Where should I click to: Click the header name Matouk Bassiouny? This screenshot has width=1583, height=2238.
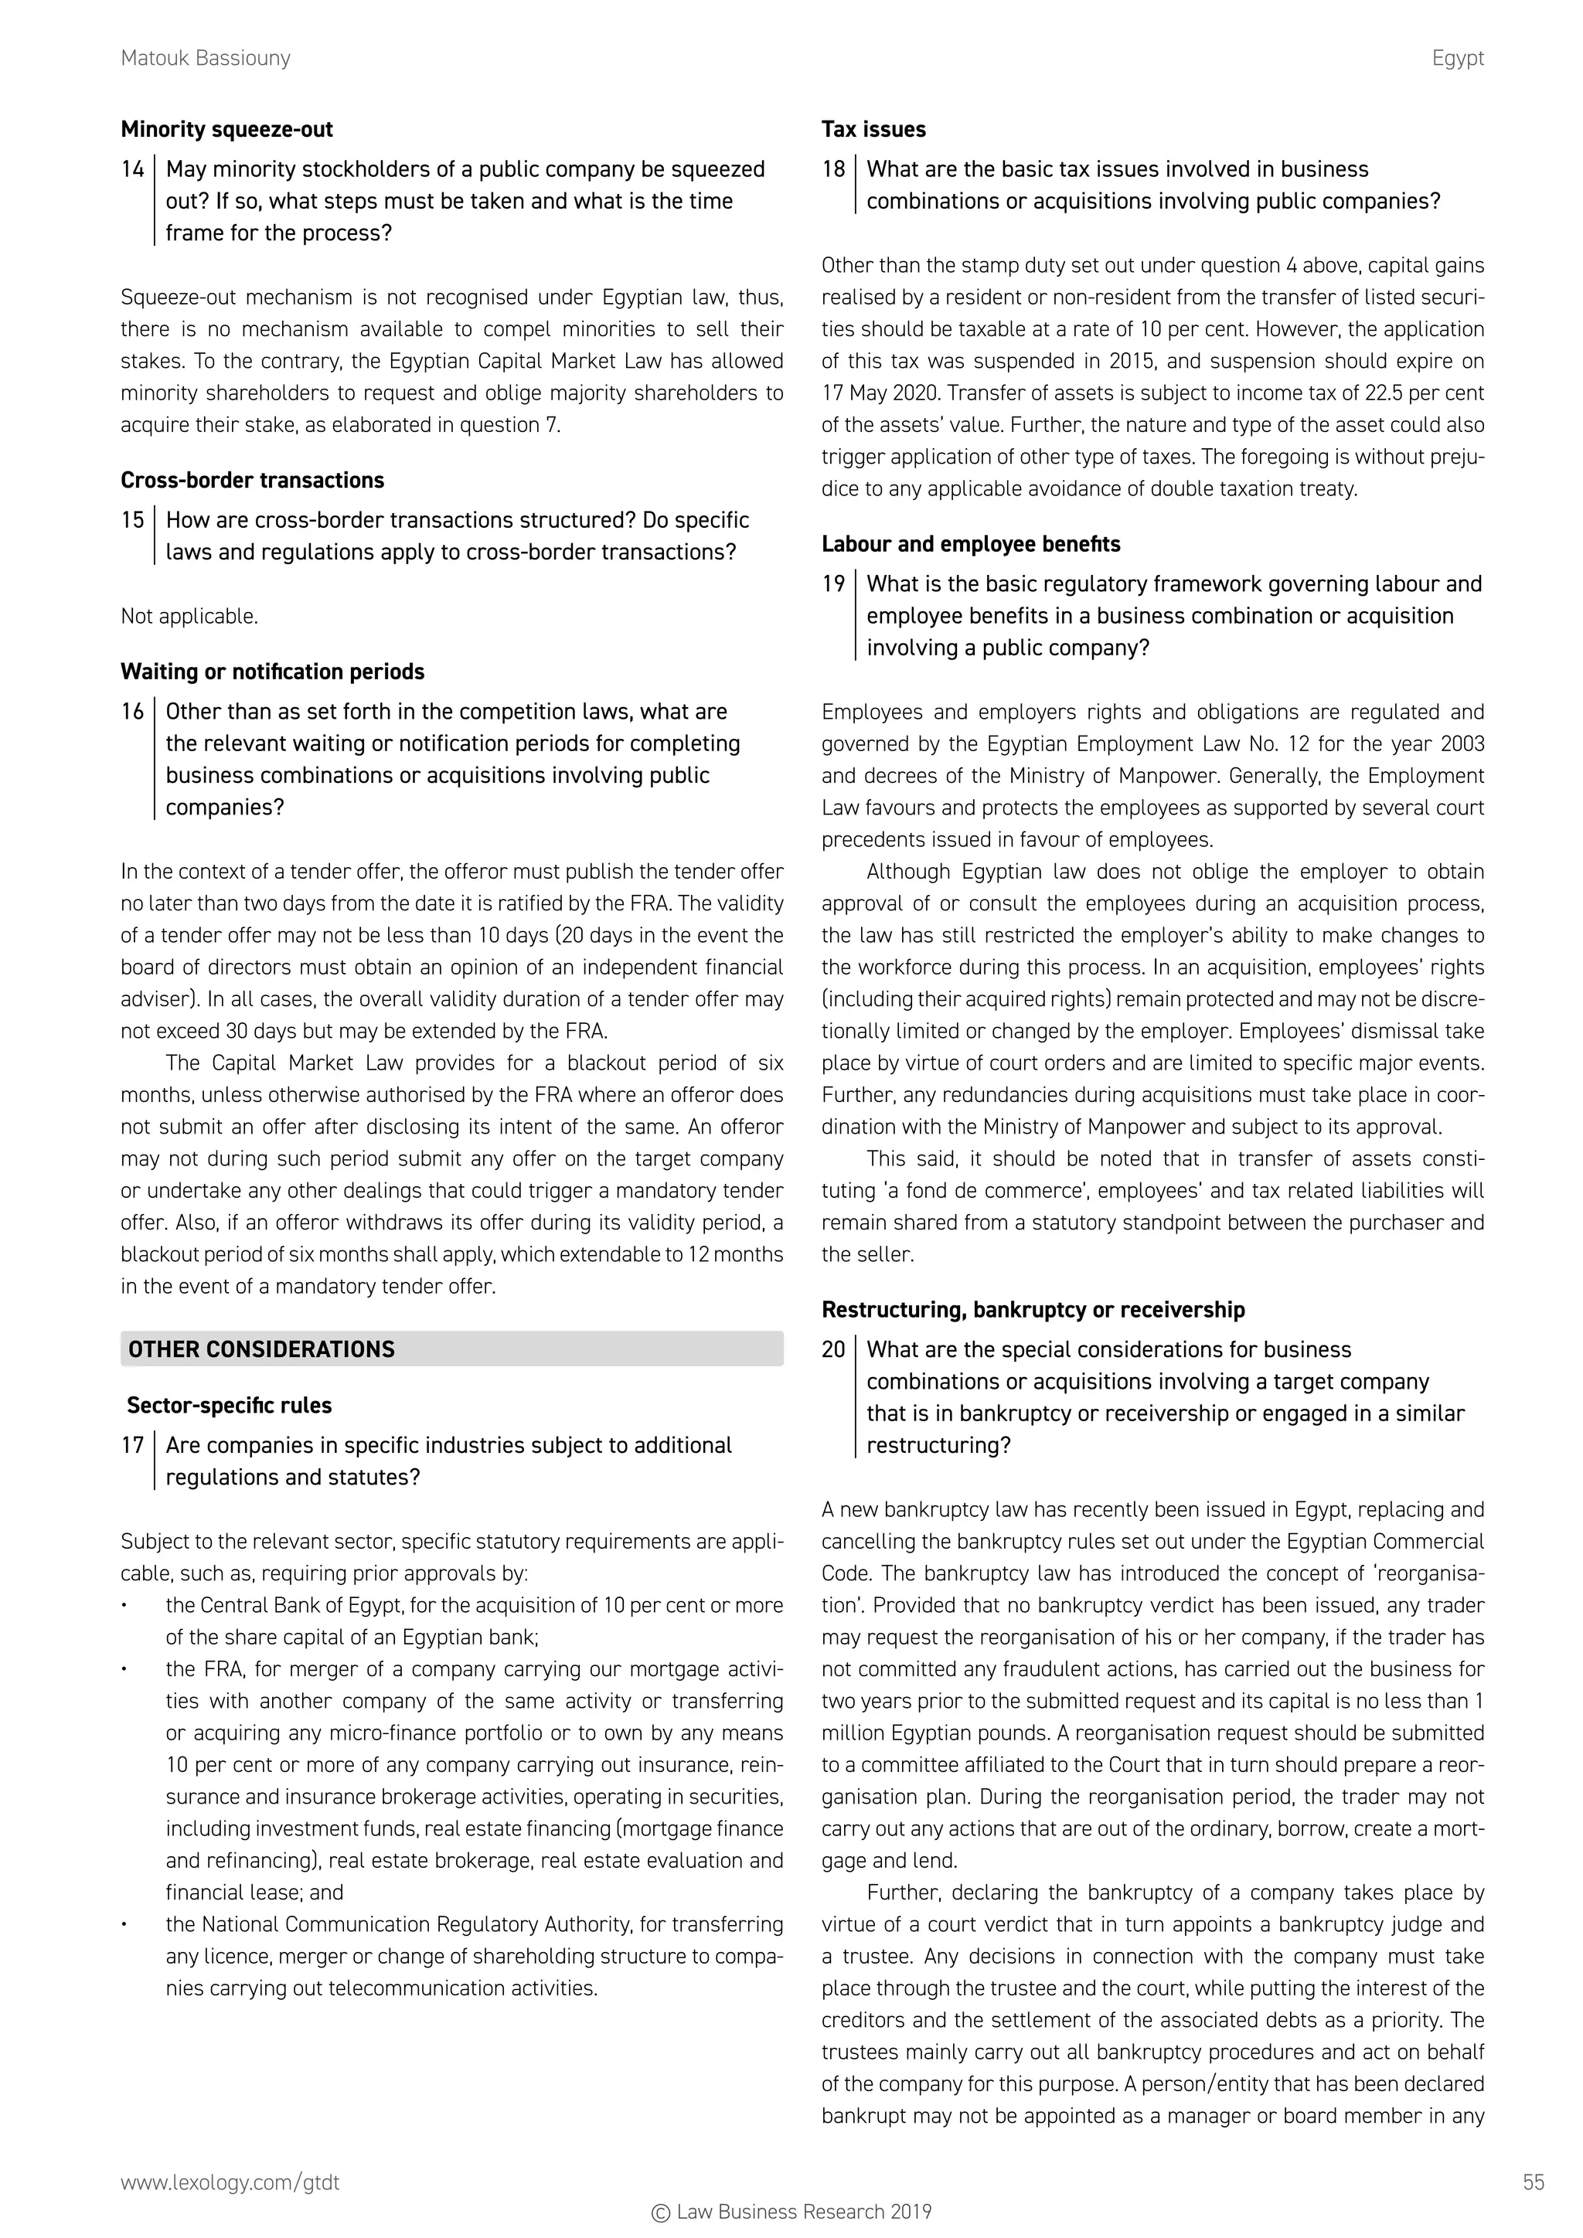coord(206,59)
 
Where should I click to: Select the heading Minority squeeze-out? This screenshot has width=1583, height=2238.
coord(226,130)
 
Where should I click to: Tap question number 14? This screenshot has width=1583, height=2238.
coord(133,169)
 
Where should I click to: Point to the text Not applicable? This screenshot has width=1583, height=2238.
coord(189,616)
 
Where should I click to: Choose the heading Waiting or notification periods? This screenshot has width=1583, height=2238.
coord(272,672)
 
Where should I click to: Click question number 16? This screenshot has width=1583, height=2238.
coord(133,712)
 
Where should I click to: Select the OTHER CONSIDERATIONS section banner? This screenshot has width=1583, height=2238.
coord(451,1349)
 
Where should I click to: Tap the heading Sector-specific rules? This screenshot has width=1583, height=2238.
coord(229,1406)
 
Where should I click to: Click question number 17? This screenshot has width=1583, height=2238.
coord(133,1446)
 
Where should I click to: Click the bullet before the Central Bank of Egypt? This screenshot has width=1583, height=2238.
coord(124,1605)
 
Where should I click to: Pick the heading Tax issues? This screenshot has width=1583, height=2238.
coord(873,130)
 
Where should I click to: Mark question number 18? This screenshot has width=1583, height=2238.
coord(833,169)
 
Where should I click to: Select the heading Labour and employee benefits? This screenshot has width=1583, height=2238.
coord(971,544)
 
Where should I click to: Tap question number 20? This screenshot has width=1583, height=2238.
coord(833,1350)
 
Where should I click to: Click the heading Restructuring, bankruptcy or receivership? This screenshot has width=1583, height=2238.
coord(1032,1310)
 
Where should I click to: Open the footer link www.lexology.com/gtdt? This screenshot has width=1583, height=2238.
coord(230,2182)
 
